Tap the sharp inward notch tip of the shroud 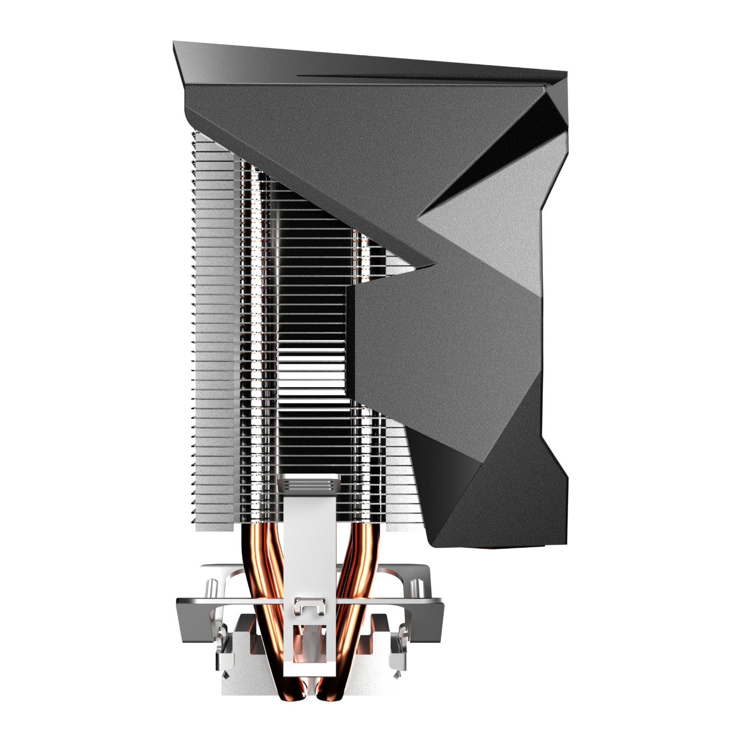point(432,263)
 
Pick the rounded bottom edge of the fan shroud point(495,545)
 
